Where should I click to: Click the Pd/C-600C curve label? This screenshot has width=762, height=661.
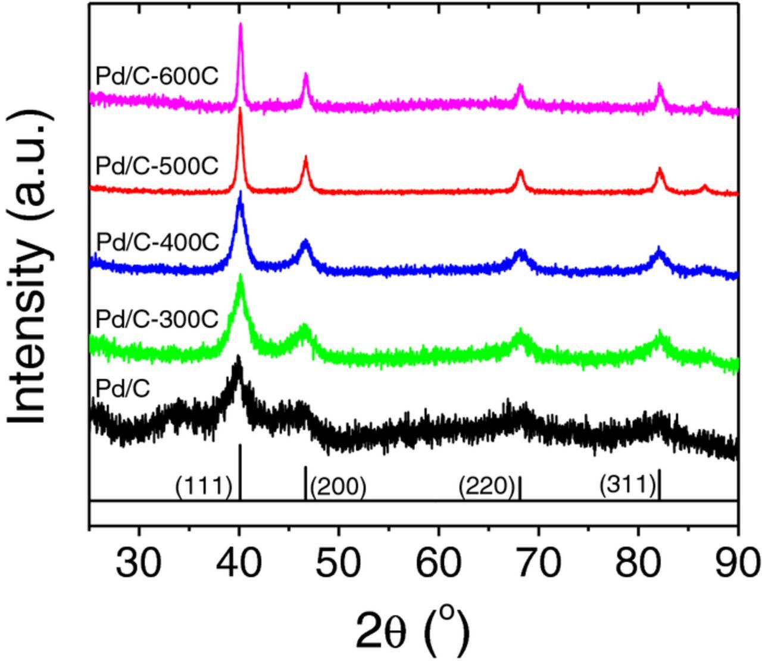click(157, 76)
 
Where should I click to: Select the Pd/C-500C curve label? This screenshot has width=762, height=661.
click(157, 166)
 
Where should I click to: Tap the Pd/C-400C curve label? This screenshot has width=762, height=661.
click(157, 242)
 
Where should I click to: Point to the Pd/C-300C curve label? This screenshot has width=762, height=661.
click(157, 319)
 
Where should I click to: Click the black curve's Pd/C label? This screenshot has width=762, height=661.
click(123, 388)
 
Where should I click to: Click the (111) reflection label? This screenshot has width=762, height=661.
click(204, 487)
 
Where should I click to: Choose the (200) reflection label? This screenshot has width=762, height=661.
click(338, 487)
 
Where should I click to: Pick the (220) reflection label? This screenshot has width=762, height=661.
click(486, 487)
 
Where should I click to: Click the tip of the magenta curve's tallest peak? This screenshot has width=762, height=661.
click(241, 24)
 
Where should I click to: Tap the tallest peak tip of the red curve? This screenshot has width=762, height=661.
click(240, 109)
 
